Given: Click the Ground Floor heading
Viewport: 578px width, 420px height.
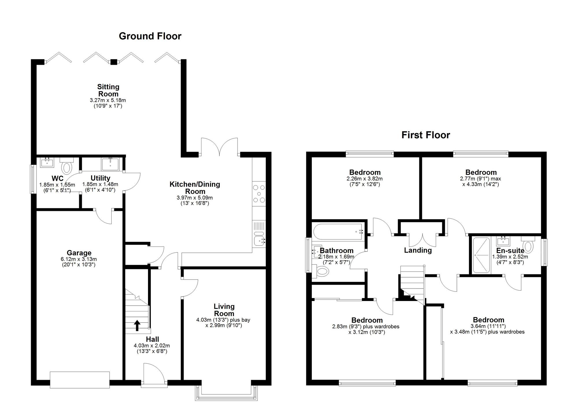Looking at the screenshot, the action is (x=150, y=36).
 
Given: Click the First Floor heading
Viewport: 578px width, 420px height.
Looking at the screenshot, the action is (x=426, y=135).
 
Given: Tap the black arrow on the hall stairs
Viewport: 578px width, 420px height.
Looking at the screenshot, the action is (x=137, y=326).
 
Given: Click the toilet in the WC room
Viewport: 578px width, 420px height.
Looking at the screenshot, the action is (x=67, y=165).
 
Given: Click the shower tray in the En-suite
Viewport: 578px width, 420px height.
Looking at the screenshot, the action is (x=481, y=255).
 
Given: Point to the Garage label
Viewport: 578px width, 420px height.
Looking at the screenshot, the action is (x=79, y=253).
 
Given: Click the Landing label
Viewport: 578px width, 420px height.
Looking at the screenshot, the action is (x=418, y=250).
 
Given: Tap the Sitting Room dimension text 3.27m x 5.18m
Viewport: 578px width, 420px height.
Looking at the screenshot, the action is (x=108, y=101).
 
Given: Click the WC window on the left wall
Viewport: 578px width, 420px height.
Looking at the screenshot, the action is (x=34, y=179).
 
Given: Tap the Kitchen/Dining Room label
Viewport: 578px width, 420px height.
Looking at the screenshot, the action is (x=195, y=188).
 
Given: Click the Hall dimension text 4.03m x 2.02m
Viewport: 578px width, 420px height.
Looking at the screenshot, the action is (x=152, y=345).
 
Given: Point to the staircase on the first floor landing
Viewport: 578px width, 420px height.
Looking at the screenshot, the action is (x=412, y=285).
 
